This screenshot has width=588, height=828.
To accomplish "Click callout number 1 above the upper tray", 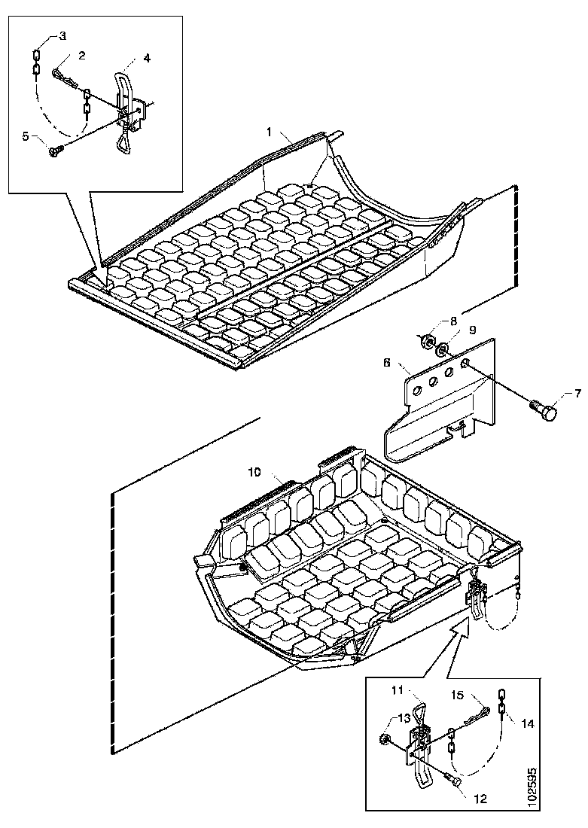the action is tap(269, 132).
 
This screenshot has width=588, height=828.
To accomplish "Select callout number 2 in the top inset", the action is tap(82, 56).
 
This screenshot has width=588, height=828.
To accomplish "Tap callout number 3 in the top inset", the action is tap(62, 36).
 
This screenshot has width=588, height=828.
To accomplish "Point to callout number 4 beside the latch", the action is tap(147, 58).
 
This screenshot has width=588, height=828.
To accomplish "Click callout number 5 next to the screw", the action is tap(26, 136).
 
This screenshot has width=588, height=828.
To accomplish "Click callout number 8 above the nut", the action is tap(453, 321).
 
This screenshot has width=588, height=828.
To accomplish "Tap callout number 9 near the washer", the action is tap(472, 330).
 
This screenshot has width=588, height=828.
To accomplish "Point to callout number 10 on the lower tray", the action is tap(254, 472).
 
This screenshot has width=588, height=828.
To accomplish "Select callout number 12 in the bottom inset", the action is tap(481, 799).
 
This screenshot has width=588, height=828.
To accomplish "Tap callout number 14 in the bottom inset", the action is tap(527, 724).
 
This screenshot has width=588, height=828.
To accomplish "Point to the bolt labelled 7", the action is tap(544, 410).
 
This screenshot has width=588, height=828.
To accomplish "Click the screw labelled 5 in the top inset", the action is tap(56, 151).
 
